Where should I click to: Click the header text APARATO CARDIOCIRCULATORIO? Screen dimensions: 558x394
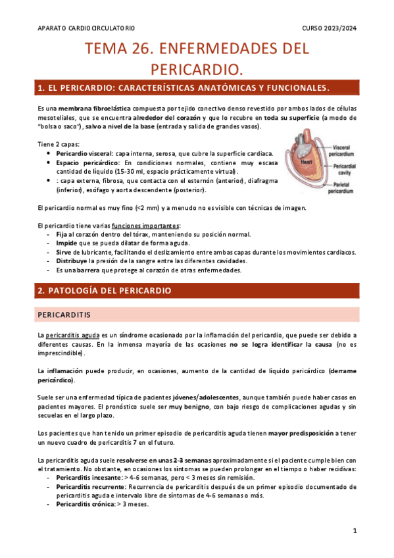point(87,28)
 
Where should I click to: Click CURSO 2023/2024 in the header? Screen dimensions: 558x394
point(329,28)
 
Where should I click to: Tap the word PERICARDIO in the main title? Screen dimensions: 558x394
point(197,68)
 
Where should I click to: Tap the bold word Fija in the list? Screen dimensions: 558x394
point(62,234)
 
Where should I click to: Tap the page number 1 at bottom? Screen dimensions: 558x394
point(355,530)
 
